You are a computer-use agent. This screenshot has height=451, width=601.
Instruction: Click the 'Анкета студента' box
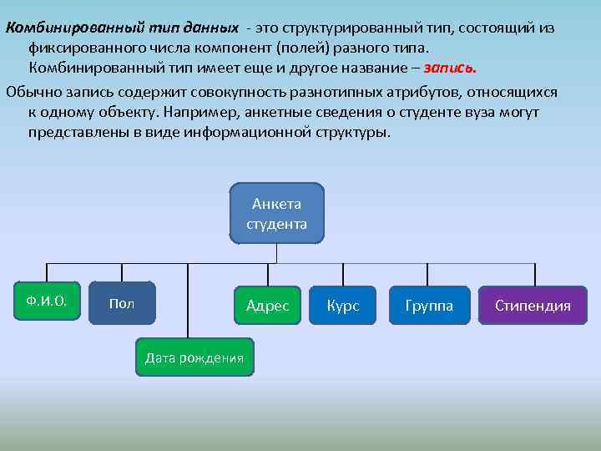click(x=276, y=213)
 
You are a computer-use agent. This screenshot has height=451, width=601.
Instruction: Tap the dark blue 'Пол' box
click(x=122, y=305)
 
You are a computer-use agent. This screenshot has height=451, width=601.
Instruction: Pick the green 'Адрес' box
click(x=267, y=306)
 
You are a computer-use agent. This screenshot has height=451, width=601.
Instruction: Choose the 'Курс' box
click(x=343, y=306)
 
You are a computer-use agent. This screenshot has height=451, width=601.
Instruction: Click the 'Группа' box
click(x=429, y=306)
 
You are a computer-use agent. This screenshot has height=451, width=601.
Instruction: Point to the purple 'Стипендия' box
click(x=533, y=306)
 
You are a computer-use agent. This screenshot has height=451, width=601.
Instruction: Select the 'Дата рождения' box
click(x=194, y=357)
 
